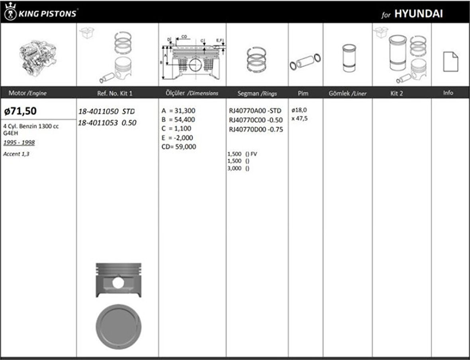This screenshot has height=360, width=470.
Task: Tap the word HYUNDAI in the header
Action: point(418,14)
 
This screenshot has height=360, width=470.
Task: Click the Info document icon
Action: point(450,62)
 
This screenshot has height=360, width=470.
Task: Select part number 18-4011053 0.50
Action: point(107,123)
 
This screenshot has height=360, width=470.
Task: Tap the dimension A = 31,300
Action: point(178,111)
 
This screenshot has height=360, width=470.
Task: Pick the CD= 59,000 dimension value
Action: point(178,147)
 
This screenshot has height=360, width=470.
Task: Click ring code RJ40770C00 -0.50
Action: point(256,120)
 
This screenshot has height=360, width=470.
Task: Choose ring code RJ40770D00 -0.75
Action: point(256,129)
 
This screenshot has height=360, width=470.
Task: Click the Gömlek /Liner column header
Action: point(347,93)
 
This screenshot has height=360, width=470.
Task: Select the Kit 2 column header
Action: point(397,93)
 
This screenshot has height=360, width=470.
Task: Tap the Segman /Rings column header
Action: point(257,93)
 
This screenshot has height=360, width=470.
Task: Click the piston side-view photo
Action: point(118,280)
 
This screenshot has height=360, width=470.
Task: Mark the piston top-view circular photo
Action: point(118,327)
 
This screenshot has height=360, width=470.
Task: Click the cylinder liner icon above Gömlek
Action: point(349,57)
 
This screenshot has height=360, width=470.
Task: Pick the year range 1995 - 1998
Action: point(19,143)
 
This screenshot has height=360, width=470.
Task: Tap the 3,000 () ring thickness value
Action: point(238,168)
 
